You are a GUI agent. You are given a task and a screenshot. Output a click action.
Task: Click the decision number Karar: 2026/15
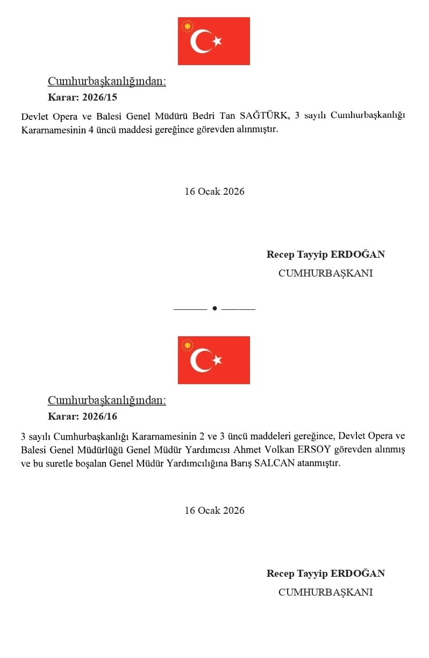pos(82,97)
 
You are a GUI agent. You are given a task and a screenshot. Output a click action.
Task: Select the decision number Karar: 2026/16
pos(82,416)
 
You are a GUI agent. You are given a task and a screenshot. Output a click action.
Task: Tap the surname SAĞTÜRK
pos(263,116)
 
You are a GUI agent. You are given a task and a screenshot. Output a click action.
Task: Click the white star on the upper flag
pos(217,41)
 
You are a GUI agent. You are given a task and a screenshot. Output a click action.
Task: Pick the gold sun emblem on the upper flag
pos(187,26)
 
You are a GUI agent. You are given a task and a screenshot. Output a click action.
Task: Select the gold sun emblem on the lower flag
pos(187,345)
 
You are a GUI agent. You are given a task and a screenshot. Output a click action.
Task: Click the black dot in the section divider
pos(215,308)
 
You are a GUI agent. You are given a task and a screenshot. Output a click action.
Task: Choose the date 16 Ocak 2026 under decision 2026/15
pos(215,192)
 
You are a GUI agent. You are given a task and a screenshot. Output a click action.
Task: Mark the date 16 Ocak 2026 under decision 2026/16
pos(215,511)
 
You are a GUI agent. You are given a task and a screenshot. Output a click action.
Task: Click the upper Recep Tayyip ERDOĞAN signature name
pos(326,254)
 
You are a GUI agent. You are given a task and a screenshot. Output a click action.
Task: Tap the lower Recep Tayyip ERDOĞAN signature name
pos(326,574)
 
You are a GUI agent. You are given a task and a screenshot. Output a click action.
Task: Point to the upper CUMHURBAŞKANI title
pos(326,273)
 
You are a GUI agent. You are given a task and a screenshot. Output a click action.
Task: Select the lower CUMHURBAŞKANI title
pos(326,592)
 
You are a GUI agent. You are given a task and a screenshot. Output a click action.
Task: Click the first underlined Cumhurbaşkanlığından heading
pos(107,81)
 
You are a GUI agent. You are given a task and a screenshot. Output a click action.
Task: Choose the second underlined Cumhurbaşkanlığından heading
pos(107,400)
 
